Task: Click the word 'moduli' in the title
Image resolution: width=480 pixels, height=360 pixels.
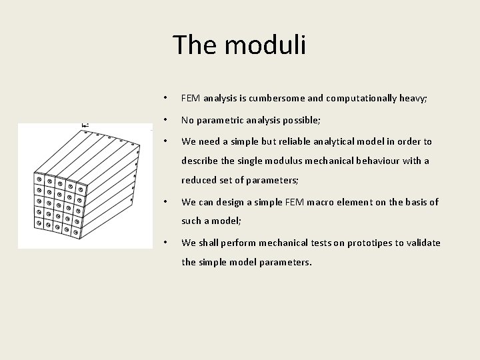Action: (x=265, y=45)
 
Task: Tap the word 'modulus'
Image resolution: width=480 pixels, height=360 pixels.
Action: (x=275, y=161)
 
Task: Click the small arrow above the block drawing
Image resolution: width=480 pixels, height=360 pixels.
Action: (x=85, y=125)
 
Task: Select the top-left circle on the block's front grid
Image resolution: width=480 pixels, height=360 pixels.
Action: (x=39, y=179)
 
